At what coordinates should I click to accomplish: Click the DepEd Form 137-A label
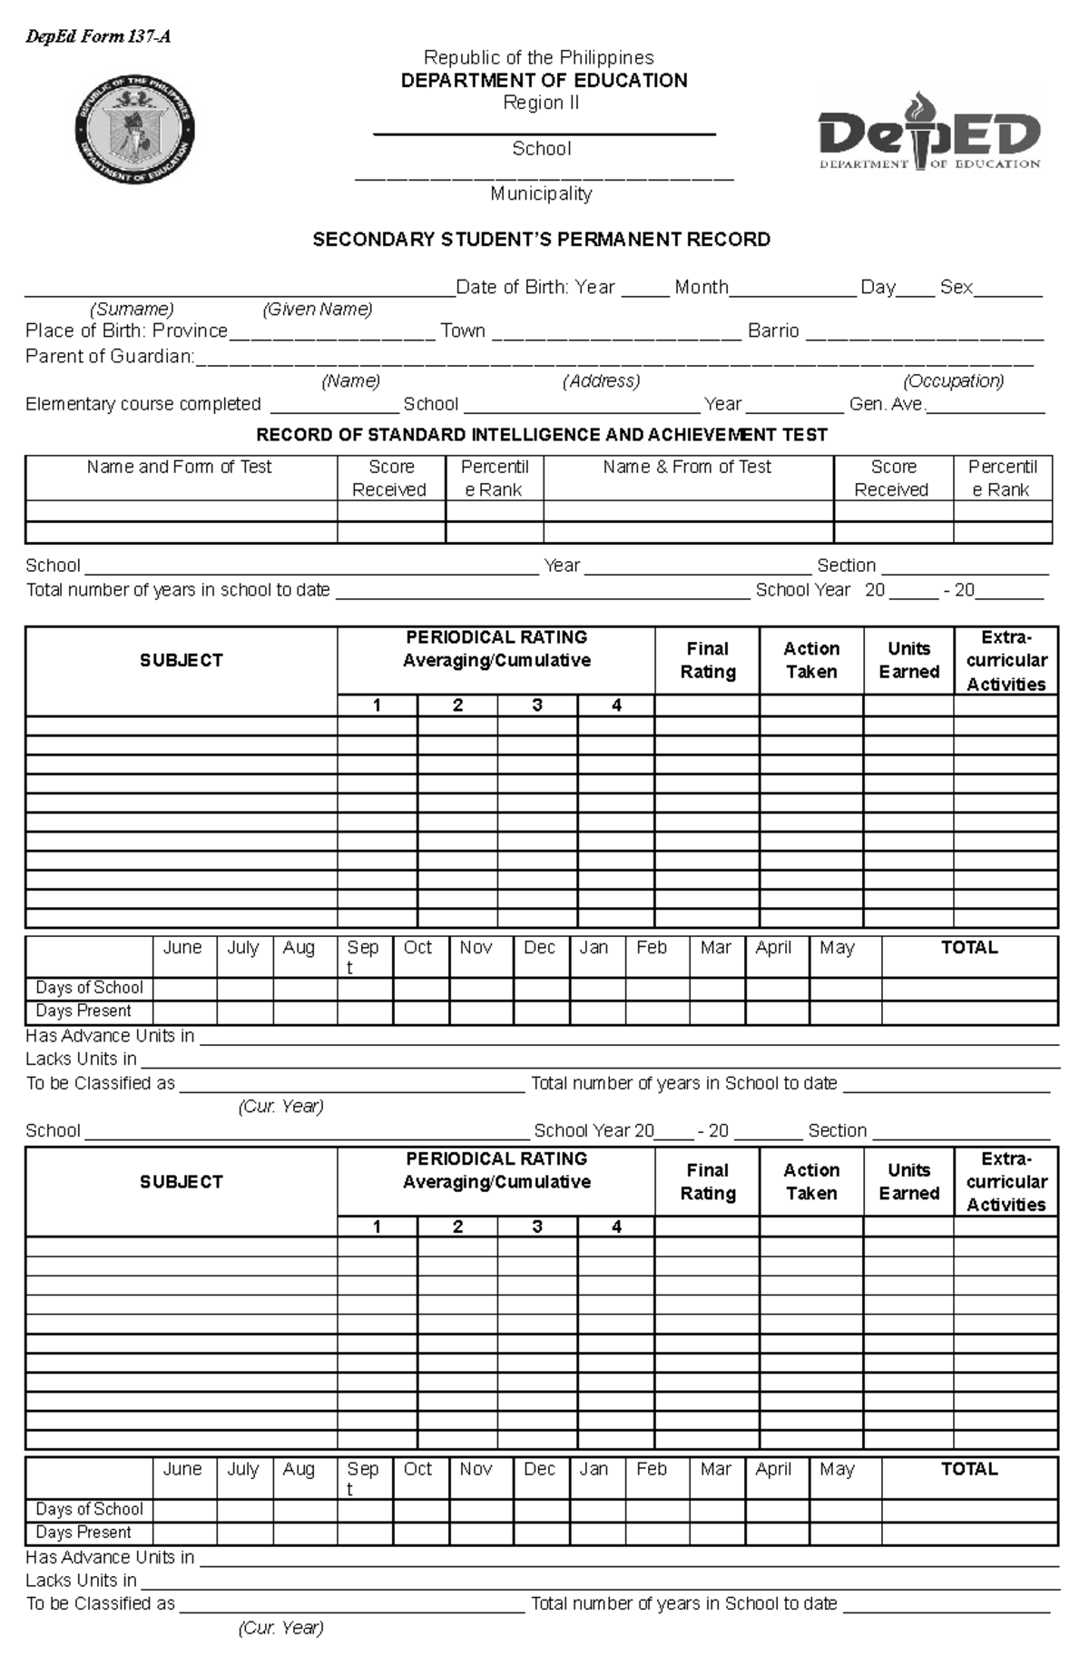tap(98, 37)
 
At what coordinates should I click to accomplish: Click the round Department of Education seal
tap(134, 130)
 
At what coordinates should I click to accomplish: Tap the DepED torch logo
tap(929, 131)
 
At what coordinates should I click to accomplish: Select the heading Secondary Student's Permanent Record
tap(542, 240)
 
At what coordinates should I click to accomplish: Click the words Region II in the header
tap(541, 104)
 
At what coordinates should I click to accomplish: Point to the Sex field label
tap(956, 288)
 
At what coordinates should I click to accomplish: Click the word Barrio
tap(773, 331)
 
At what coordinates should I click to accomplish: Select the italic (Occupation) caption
tap(953, 380)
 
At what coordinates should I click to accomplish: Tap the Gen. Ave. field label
tap(886, 404)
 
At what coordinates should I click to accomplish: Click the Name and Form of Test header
tap(180, 467)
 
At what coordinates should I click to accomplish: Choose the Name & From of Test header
tap(687, 467)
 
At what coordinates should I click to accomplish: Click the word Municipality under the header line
tap(541, 193)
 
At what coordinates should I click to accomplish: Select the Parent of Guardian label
tap(110, 356)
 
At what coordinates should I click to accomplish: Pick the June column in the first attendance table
tap(182, 948)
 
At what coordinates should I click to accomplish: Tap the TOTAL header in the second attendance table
tap(969, 1469)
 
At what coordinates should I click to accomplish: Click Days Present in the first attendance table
tap(83, 1011)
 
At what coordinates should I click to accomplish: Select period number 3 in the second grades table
tap(537, 1227)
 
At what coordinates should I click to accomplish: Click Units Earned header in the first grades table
tap(908, 660)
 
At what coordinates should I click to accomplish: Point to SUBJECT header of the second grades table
tap(181, 1181)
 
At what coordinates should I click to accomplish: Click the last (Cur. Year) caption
tap(280, 1628)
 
